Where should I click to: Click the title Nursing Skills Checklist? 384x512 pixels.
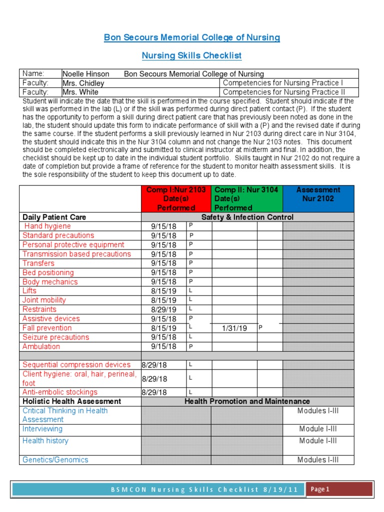pos(192,55)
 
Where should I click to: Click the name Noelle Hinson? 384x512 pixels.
pos(85,73)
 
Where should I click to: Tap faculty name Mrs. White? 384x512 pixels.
pos(80,92)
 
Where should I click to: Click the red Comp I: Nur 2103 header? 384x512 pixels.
pos(175,198)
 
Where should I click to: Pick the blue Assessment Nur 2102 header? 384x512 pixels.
pos(318,194)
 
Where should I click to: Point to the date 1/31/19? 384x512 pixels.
pos(234,328)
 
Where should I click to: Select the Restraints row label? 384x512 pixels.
pos(39,309)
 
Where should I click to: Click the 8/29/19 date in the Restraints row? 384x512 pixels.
pos(164,310)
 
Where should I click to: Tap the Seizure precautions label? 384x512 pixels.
pos(55,337)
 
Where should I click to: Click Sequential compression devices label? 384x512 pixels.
pos(76,365)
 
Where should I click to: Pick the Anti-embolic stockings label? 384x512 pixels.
pos(60,392)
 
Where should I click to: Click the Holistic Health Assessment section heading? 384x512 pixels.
pos(71,401)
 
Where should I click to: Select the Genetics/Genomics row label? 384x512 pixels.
pos(55,460)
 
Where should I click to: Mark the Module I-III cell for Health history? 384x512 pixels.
pos(318,441)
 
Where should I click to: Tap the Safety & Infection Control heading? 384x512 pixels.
pos(247,217)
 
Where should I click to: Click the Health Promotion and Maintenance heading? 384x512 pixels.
pos(247,401)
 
